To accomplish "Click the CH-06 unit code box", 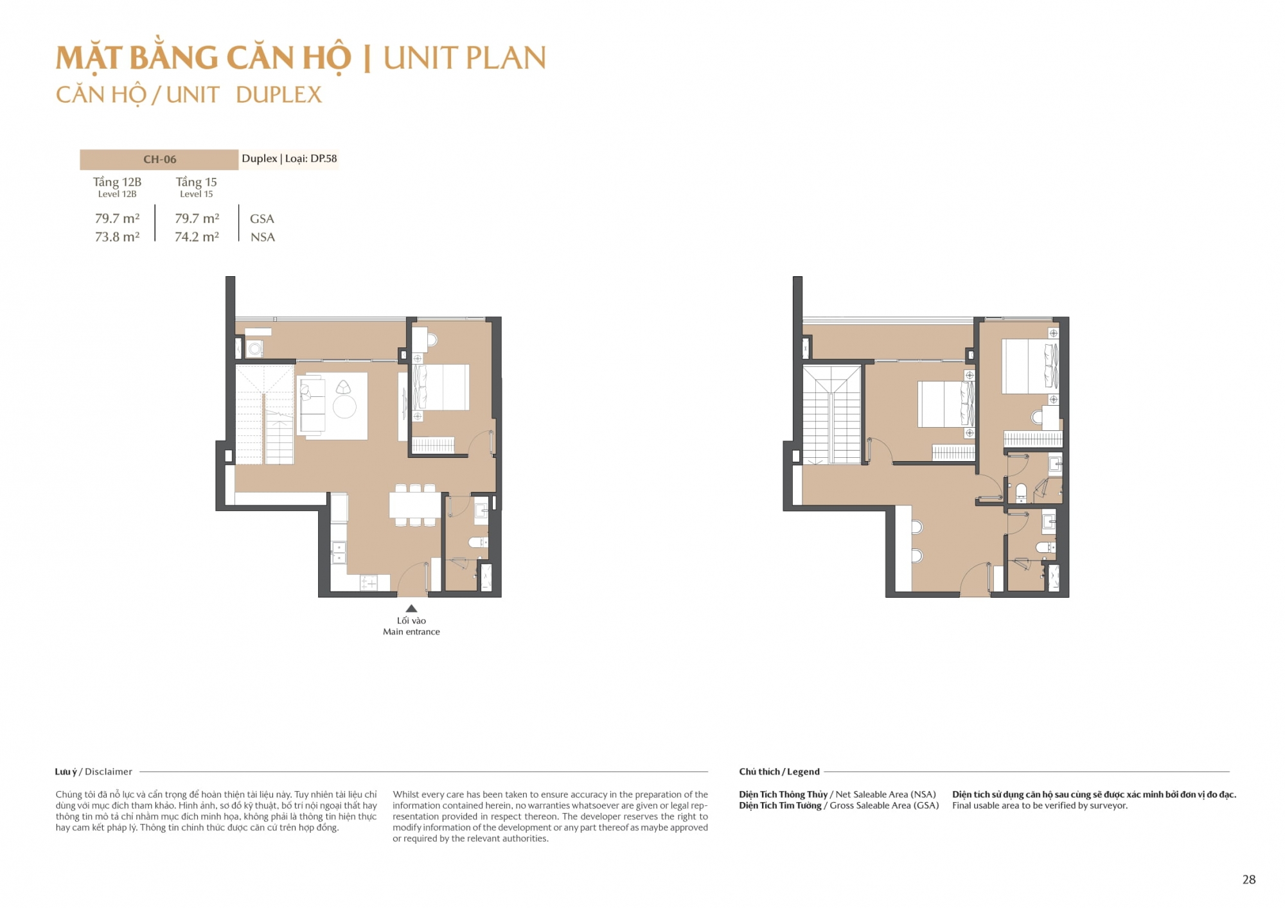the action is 159,159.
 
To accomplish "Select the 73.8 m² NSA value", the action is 117,237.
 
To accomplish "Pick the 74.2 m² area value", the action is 197,237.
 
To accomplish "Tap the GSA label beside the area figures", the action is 262,219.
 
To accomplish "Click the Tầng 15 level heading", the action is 197,182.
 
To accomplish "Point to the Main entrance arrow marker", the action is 411,608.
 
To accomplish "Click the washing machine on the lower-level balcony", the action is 255,349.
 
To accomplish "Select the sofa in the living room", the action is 312,406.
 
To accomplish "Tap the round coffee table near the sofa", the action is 344,406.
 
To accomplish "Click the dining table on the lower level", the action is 415,505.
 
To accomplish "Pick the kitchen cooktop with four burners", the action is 369,582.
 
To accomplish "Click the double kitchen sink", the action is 339,552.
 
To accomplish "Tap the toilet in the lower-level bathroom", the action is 479,543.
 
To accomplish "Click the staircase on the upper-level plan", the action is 831,415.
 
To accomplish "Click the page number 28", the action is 1249,880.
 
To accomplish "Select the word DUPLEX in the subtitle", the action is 279,95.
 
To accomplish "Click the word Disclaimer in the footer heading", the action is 109,772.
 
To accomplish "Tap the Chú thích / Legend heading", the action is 779,772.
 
